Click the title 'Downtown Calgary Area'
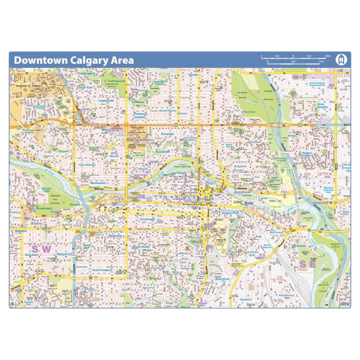click(x=74, y=60)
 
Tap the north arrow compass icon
click(x=340, y=60)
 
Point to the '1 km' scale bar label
click(x=327, y=56)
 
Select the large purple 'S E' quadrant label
click(x=307, y=264)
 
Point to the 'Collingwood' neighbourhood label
click(x=117, y=81)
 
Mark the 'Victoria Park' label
click(x=230, y=212)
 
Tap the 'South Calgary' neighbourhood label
click(x=102, y=269)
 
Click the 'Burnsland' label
click(x=222, y=278)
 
